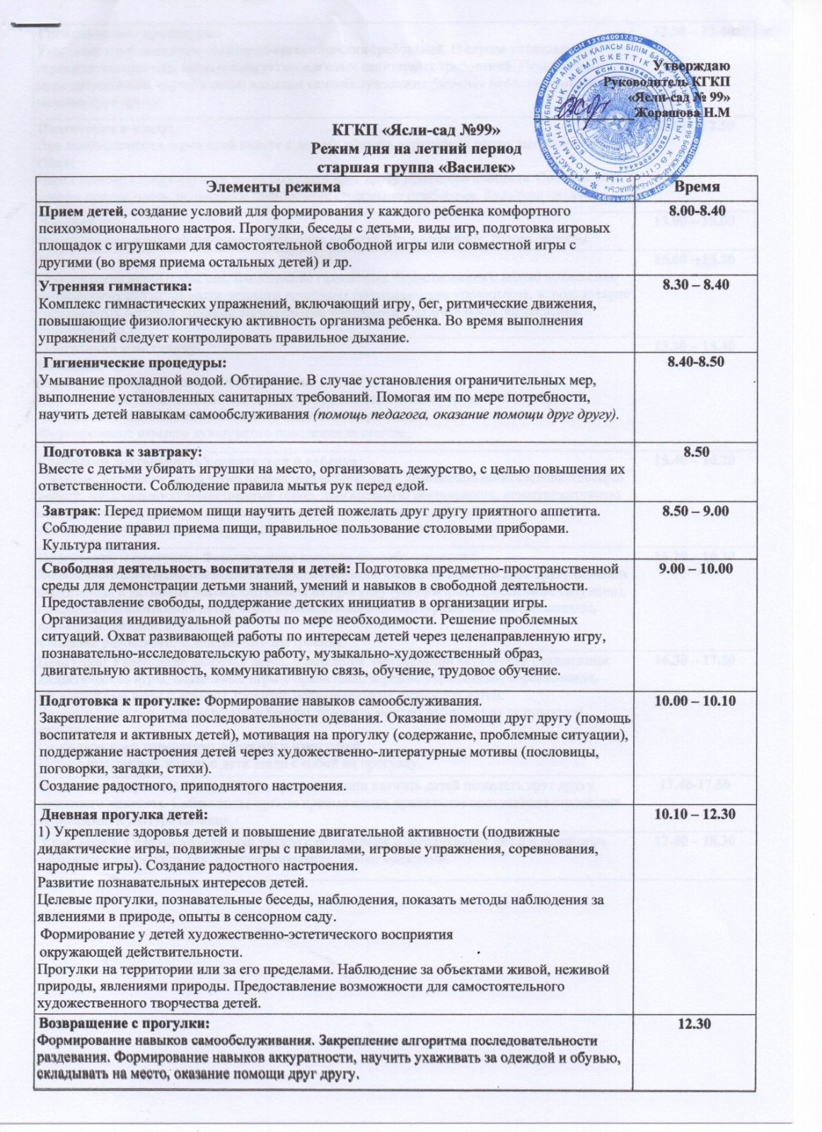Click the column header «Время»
point(696,187)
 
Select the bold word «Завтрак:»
point(69,511)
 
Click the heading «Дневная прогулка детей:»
point(120,814)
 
